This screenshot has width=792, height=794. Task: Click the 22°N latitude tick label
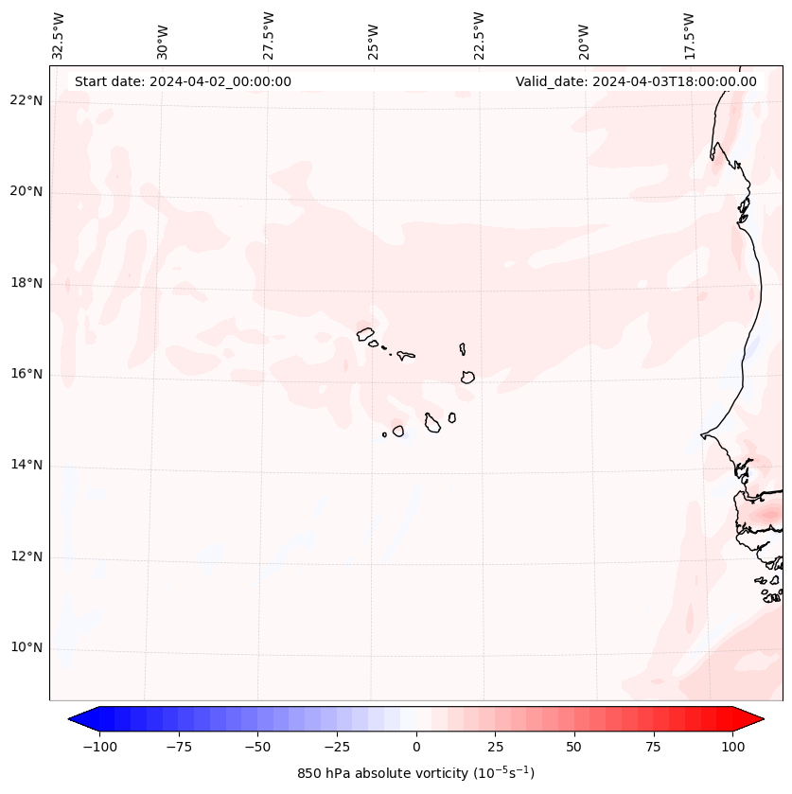26,100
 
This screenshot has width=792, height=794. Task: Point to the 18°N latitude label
26,283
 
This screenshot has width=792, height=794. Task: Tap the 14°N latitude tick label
26,465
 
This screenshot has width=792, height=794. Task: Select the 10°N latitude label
26,647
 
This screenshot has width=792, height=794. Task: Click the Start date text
183,81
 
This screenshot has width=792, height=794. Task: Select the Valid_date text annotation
636,81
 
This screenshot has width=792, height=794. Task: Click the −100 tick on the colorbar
99,747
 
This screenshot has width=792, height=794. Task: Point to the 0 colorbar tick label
416,747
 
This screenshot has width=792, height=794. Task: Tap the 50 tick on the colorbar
574,747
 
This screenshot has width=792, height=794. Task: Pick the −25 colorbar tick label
337,747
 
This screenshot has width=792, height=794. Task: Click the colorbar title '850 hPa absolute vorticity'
415,773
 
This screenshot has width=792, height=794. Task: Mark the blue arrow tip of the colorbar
78,719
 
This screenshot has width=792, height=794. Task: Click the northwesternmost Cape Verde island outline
365,333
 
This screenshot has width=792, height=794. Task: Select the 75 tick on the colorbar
654,747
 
